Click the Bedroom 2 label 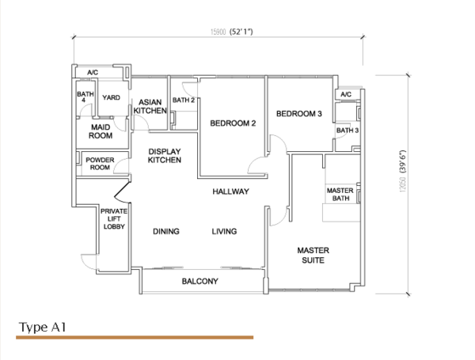point(233,123)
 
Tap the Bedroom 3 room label point(299,114)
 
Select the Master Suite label point(313,256)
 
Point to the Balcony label point(200,282)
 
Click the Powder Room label point(100,164)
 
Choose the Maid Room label point(101,131)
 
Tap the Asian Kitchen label point(150,106)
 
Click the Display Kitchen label point(165,156)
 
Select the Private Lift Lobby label point(114,218)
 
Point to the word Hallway point(231,191)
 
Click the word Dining point(166,231)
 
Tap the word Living point(224,231)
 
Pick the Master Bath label point(340,195)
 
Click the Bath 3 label point(348,131)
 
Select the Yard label point(111,97)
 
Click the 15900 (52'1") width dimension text point(232,32)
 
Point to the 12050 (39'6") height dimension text point(403,171)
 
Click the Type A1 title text point(43,328)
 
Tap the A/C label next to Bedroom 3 point(346,94)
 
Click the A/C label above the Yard point(93,73)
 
